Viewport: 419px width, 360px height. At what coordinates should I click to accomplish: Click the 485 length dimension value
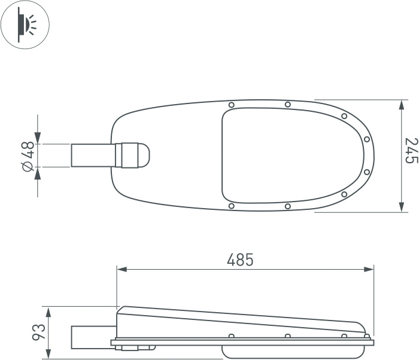[x=240, y=260]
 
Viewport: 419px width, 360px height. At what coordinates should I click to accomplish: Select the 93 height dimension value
[x=39, y=332]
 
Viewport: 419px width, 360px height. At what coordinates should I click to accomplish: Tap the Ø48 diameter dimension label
[x=29, y=156]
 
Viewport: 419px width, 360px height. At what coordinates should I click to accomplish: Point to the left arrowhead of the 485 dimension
[x=122, y=269]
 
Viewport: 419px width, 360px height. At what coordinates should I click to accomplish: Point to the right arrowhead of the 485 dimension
[x=369, y=269]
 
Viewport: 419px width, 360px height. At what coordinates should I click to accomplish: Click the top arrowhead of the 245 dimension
[x=401, y=105]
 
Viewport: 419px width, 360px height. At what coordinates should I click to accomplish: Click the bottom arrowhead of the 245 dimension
[x=401, y=207]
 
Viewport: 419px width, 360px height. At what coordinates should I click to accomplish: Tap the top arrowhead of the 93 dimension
[x=48, y=312]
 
